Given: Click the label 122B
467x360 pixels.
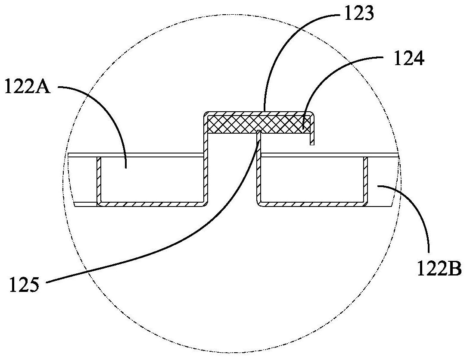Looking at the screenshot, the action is (x=439, y=270).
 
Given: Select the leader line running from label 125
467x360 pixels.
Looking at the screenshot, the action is (x=172, y=241).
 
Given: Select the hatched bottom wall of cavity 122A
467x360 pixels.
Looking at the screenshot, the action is (x=151, y=203).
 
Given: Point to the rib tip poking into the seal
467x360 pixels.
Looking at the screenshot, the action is (x=258, y=131).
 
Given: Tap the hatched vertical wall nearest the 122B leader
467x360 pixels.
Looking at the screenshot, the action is (x=366, y=179).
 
